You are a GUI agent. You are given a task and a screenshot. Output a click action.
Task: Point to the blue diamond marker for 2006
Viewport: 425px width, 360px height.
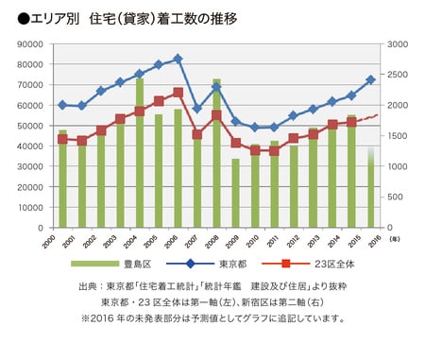click(x=178, y=59)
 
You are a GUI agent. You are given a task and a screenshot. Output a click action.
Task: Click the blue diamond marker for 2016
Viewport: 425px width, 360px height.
click(x=370, y=79)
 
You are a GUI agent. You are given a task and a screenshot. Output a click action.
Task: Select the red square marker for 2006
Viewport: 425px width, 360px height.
click(x=178, y=93)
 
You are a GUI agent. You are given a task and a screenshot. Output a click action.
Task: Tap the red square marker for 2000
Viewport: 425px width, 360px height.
click(x=62, y=139)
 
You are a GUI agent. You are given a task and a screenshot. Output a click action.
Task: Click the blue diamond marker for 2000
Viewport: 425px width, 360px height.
click(x=62, y=105)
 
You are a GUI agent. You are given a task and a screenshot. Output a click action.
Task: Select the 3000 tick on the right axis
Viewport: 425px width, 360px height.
click(x=398, y=43)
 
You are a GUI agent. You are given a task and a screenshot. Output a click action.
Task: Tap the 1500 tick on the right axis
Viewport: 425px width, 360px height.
click(x=398, y=136)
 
